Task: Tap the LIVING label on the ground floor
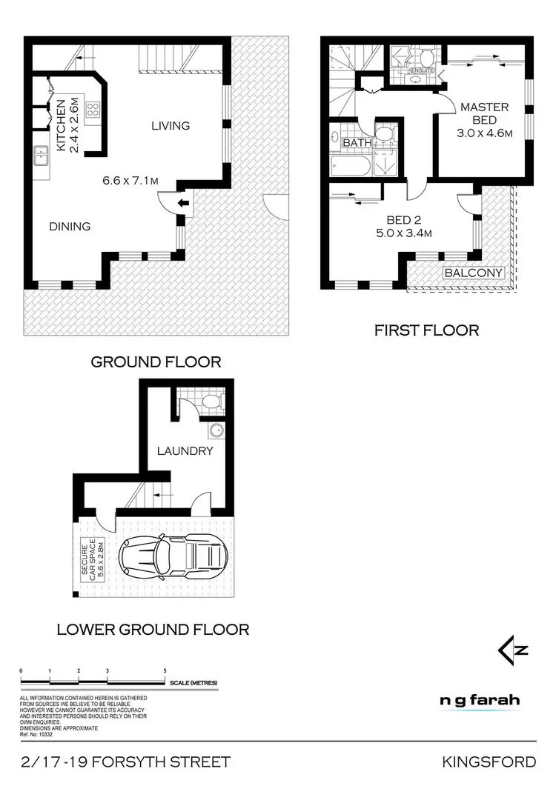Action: click(171, 125)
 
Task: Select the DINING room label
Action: click(70, 226)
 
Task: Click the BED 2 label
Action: click(404, 220)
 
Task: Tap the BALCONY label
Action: click(474, 273)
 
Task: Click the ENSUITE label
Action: click(422, 71)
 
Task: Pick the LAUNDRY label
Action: click(185, 450)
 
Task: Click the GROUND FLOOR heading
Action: click(156, 362)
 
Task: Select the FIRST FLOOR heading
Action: click(426, 330)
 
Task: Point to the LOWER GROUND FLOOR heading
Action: click(153, 630)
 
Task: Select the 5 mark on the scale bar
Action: click(165, 670)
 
